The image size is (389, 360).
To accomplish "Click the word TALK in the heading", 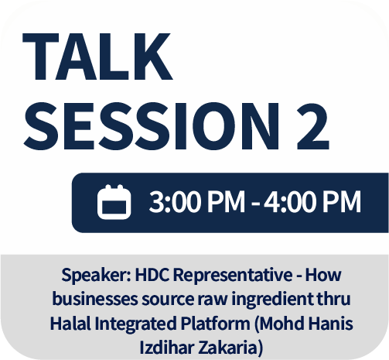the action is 97,57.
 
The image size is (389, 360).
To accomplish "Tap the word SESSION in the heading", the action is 152,126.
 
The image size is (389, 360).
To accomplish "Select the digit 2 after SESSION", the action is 313,126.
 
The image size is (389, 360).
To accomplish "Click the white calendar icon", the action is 114,202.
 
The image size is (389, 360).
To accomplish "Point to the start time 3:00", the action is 175,201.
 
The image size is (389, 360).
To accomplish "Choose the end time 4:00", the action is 289,201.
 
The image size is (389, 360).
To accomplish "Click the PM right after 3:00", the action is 226,201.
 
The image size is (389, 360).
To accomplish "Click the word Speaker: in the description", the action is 97,276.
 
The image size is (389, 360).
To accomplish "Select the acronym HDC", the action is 152,275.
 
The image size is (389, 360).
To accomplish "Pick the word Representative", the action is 233,276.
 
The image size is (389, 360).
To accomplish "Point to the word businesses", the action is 95,299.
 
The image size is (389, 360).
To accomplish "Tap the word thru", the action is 333,299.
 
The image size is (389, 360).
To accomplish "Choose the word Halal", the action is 70,324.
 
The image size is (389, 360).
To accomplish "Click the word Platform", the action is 215,324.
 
